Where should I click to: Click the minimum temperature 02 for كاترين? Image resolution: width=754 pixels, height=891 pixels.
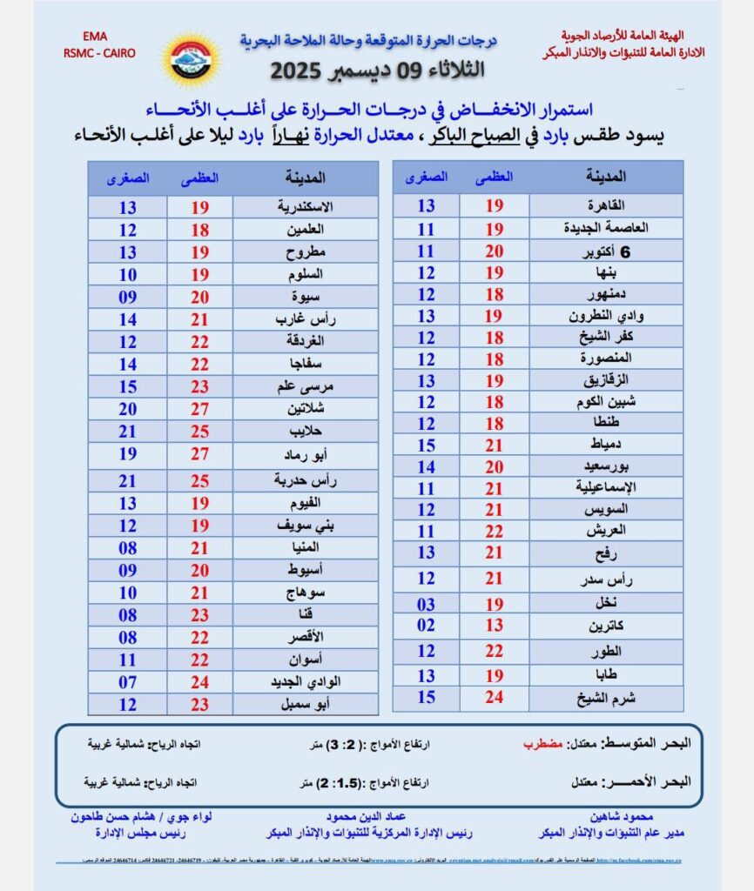point(426,625)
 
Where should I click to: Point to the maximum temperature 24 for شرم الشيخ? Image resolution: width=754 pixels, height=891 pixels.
point(494,697)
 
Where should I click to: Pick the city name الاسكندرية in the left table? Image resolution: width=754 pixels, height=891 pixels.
point(301,207)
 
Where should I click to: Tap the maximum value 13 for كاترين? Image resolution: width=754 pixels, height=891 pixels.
point(494,625)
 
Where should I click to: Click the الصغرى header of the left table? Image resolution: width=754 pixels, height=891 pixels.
point(128,178)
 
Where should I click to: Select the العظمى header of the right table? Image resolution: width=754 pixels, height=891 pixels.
point(494,177)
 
